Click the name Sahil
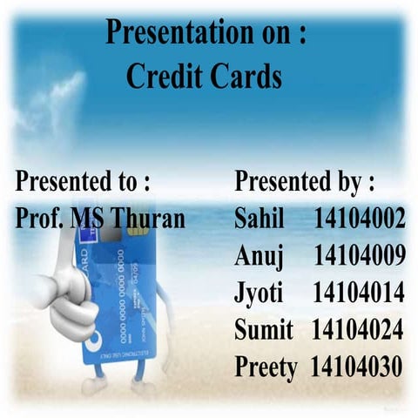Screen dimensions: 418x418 260,219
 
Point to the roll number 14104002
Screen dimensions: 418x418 359,219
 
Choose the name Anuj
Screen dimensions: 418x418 260,256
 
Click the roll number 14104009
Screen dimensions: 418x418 359,256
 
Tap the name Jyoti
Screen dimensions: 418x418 260,293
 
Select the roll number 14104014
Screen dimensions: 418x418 359,293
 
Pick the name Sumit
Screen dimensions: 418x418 263,330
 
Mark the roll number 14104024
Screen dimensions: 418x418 357,330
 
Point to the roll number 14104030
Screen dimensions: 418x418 357,367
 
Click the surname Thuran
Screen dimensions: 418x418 147,218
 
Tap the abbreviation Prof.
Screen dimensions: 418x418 40,218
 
